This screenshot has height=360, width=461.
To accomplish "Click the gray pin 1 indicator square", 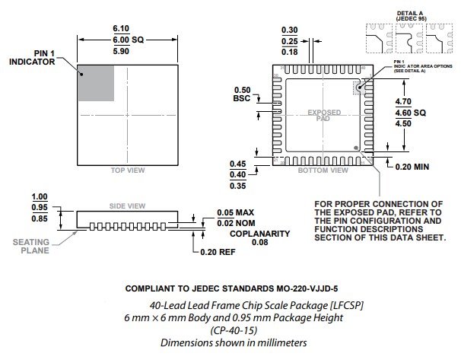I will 95,83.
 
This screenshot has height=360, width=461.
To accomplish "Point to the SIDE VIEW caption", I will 128,205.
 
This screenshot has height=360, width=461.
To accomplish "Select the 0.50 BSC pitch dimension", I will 241,93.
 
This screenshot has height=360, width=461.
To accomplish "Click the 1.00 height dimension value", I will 39,196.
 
